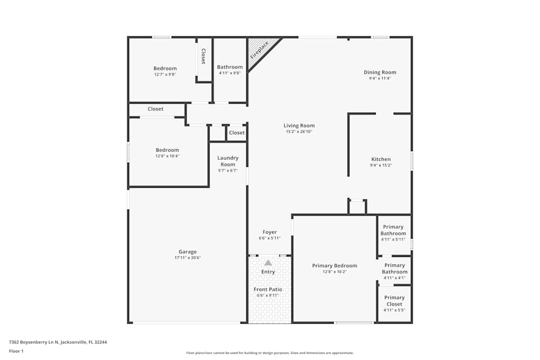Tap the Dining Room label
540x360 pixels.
pyautogui.click(x=380, y=72)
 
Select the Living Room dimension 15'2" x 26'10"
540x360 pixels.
pyautogui.click(x=299, y=132)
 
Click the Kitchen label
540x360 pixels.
pyautogui.click(x=381, y=159)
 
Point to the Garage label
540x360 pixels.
pyautogui.click(x=187, y=252)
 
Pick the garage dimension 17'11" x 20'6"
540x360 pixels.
pyautogui.click(x=187, y=258)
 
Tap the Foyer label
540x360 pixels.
pyautogui.click(x=269, y=232)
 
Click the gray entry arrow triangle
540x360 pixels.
pyautogui.click(x=268, y=262)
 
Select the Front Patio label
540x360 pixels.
pyautogui.click(x=268, y=289)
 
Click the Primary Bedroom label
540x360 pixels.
pyautogui.click(x=334, y=266)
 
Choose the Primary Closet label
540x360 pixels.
pyautogui.click(x=394, y=301)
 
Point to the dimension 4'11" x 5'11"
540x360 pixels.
pyautogui.click(x=394, y=240)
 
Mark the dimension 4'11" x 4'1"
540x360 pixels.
pyautogui.click(x=394, y=278)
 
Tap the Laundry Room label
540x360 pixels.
pyautogui.click(x=228, y=161)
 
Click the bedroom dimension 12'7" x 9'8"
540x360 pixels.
pyautogui.click(x=165, y=74)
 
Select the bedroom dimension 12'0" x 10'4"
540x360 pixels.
pyautogui.click(x=167, y=156)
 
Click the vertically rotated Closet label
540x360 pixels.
pyautogui.click(x=203, y=57)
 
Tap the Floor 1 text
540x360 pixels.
pyautogui.click(x=16, y=351)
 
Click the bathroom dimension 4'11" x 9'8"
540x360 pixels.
pyautogui.click(x=230, y=73)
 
